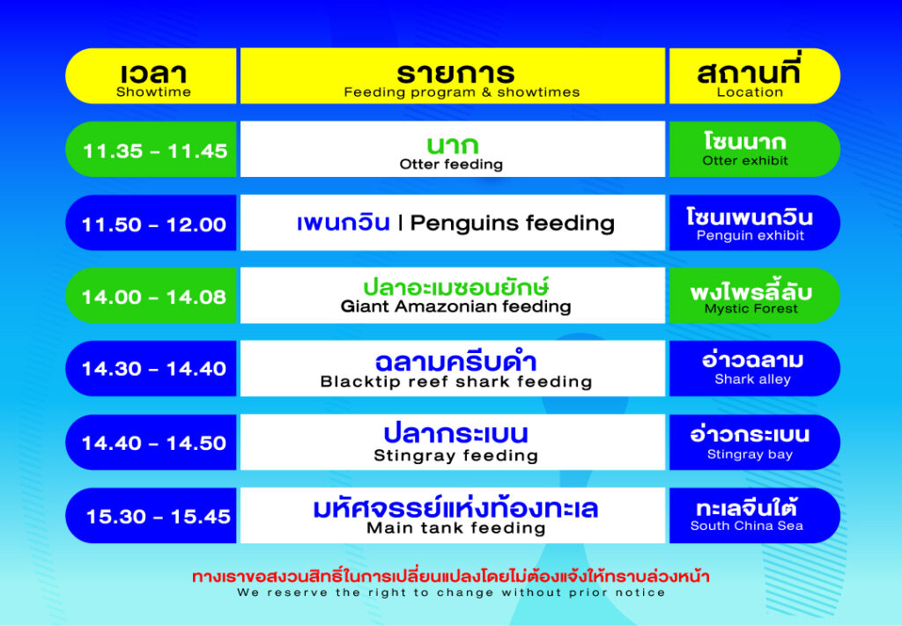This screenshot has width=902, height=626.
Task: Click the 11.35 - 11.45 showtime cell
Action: pyautogui.click(x=155, y=151)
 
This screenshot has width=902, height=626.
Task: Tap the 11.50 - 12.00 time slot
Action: pyautogui.click(x=154, y=225)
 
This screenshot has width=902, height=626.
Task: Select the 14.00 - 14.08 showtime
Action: pyautogui.click(x=154, y=297)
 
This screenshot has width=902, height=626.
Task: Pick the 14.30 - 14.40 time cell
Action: pyautogui.click(x=154, y=369)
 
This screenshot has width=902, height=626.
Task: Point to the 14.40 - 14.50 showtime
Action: pyautogui.click(x=154, y=443)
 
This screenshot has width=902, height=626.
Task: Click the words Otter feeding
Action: pyautogui.click(x=451, y=165)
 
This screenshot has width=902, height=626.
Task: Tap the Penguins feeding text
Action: pyautogui.click(x=512, y=224)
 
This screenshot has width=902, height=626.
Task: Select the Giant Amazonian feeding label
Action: pyautogui.click(x=455, y=307)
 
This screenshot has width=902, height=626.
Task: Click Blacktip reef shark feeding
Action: pyautogui.click(x=455, y=382)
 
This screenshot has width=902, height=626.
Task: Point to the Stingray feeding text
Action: pyautogui.click(x=455, y=456)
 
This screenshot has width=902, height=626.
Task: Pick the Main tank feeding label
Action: pyautogui.click(x=455, y=529)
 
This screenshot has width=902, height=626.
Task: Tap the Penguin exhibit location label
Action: pyautogui.click(x=750, y=236)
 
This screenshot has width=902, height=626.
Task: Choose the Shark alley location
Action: pyautogui.click(x=752, y=379)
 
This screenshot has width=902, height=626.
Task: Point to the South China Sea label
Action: pyautogui.click(x=746, y=527)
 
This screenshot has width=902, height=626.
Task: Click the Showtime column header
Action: pyautogui.click(x=153, y=92)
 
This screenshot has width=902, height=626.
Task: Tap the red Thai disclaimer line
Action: pyautogui.click(x=451, y=577)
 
